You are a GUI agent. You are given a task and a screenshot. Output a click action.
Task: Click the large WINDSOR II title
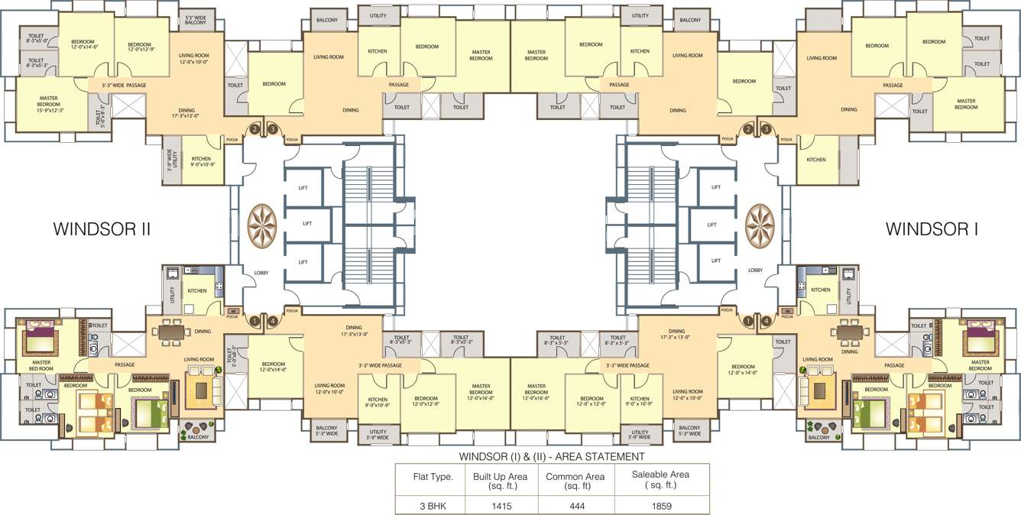click(x=102, y=228)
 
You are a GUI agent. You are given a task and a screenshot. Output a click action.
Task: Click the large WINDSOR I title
click(x=932, y=228)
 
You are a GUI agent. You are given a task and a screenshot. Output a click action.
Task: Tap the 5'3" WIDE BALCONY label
click(x=196, y=21)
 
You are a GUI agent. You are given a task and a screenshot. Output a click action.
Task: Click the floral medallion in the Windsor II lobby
click(x=264, y=225)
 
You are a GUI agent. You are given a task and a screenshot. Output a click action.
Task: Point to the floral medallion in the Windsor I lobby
click(x=759, y=225)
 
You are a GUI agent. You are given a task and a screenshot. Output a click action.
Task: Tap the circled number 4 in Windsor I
click(x=767, y=321)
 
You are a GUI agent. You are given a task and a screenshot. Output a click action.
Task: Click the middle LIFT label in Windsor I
click(x=711, y=225)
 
